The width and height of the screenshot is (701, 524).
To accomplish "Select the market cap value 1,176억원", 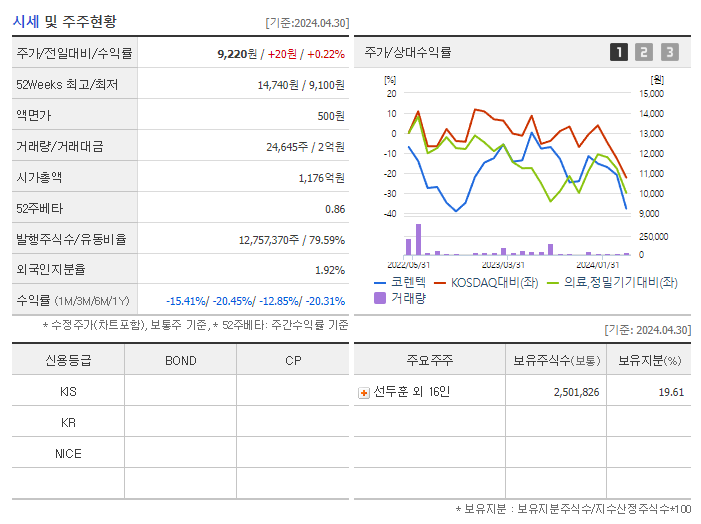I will click(321, 178).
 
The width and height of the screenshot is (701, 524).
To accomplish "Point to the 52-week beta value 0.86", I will click(335, 209).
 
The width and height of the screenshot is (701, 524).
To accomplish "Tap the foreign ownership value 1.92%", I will click(330, 270).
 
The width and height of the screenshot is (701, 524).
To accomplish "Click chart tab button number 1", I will click(619, 52).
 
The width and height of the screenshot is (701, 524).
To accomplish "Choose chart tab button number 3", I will click(669, 52).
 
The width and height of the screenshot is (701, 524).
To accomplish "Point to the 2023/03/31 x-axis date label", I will click(503, 265).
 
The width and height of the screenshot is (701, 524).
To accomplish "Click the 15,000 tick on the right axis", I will click(651, 93).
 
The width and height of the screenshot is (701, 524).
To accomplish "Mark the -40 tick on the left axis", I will click(390, 214).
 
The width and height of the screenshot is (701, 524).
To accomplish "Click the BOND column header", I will click(180, 360).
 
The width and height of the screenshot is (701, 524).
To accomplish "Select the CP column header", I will click(293, 360).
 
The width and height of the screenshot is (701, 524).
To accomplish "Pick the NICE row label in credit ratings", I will click(68, 454).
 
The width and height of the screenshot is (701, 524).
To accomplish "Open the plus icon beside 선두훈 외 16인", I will click(363, 392).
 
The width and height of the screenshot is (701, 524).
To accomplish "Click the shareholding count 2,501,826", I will click(576, 392).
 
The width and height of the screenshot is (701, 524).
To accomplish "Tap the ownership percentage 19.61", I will click(671, 392).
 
